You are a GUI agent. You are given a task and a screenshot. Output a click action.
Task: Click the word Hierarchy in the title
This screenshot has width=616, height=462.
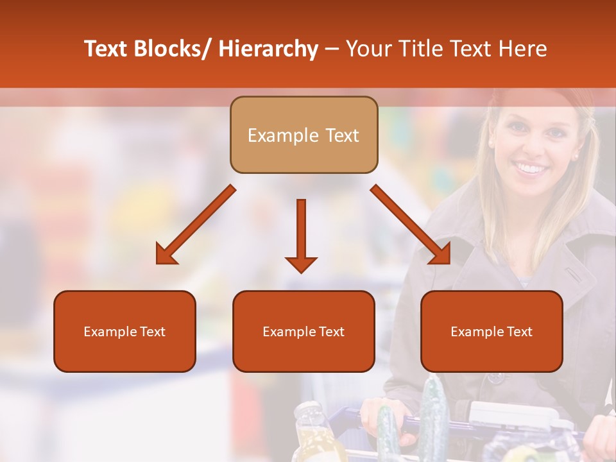[268, 49]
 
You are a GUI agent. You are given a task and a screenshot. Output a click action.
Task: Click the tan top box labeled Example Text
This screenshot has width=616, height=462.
[304, 135]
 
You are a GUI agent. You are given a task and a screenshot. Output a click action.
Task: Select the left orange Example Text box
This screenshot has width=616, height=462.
[124, 331]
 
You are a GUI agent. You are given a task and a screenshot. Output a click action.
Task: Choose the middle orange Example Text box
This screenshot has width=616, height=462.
[304, 331]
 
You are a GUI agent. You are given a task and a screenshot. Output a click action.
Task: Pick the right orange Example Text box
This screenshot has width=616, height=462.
[492, 331]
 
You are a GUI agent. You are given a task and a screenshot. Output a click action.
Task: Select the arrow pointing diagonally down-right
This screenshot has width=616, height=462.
[411, 225]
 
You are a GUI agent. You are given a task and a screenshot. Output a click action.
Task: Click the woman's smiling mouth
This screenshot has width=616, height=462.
[531, 169]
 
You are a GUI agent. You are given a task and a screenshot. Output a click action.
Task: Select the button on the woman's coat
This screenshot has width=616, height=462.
[497, 377]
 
